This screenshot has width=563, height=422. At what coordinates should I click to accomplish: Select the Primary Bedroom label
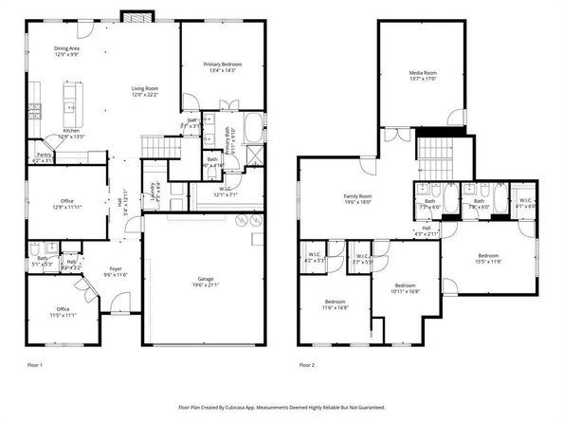223,66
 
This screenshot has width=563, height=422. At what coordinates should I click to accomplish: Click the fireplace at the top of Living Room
132,18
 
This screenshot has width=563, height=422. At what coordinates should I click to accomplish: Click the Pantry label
43,156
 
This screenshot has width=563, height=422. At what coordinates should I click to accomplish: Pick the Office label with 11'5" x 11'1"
62,311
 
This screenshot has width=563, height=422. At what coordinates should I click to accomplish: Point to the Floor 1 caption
35,363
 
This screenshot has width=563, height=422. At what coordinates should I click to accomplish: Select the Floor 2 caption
307,363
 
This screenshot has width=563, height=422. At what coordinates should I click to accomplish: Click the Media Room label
423,74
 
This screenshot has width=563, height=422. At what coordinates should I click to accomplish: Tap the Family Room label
357,198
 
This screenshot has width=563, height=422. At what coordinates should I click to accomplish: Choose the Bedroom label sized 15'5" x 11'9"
488,258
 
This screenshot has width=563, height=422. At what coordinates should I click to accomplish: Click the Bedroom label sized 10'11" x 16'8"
406,288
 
